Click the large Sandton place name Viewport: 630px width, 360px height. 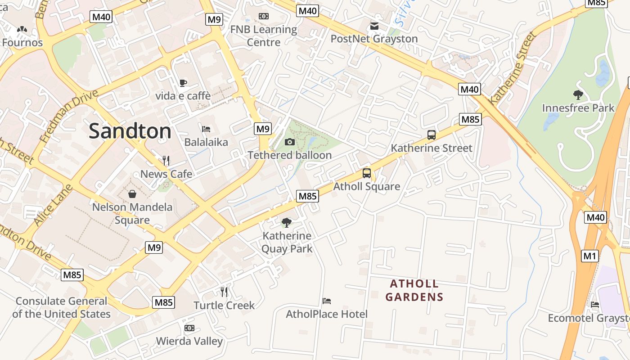(x=130, y=131)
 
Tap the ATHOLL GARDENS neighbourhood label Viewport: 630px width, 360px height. (x=414, y=290)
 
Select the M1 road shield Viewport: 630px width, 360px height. (x=590, y=256)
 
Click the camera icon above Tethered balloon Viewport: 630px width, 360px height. (x=290, y=142)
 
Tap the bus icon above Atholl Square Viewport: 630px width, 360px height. (x=367, y=173)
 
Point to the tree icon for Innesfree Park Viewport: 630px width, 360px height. (x=578, y=95)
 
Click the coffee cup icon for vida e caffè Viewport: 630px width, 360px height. (x=183, y=83)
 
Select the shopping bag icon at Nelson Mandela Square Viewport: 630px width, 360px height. (x=132, y=194)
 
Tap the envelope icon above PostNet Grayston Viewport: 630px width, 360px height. (x=374, y=26)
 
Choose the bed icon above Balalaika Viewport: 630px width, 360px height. (x=206, y=129)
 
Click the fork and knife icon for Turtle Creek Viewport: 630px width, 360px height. (x=224, y=292)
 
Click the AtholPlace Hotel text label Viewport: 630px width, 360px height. (x=327, y=314)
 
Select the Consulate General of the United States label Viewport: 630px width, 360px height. (x=62, y=308)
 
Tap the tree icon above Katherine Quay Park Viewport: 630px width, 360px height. (x=286, y=222)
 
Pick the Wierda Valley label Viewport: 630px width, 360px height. (x=189, y=341)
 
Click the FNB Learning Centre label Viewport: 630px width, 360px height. (x=264, y=36)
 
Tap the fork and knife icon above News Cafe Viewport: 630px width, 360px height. (x=166, y=160)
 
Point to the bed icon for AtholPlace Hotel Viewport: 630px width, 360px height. (x=327, y=301)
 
